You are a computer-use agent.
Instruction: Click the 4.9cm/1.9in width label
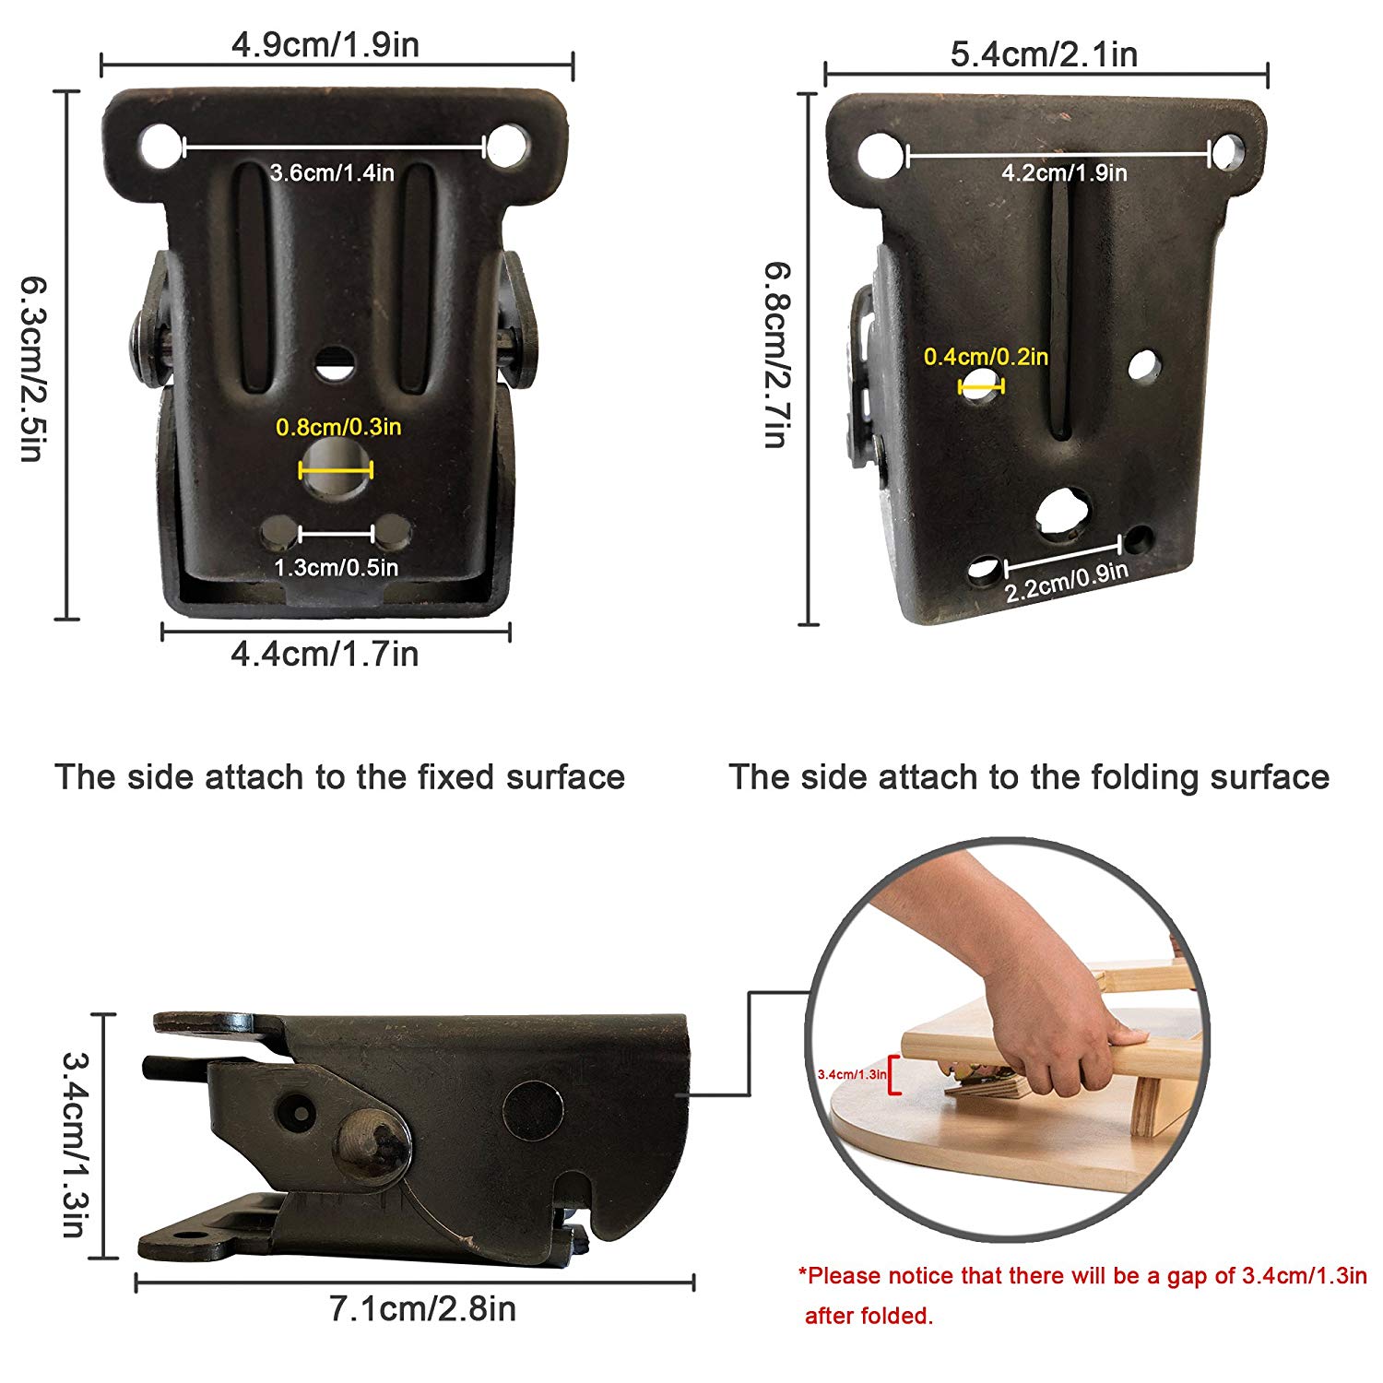325,44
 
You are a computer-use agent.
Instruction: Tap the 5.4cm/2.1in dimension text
1044,54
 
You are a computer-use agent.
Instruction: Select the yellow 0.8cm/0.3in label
338,427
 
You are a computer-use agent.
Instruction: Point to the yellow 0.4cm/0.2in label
987,357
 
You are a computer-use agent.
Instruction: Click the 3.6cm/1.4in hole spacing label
332,172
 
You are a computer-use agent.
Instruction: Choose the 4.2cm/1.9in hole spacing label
1065,172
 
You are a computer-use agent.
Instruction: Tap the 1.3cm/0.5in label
337,567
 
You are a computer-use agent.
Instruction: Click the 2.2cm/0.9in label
1067,582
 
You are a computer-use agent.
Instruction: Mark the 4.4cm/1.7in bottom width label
325,654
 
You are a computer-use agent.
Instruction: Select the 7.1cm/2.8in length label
423,1308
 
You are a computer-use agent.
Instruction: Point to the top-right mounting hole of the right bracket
1228,152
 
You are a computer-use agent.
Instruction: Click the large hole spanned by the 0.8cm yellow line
336,467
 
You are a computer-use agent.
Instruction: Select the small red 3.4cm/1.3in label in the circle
852,1074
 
